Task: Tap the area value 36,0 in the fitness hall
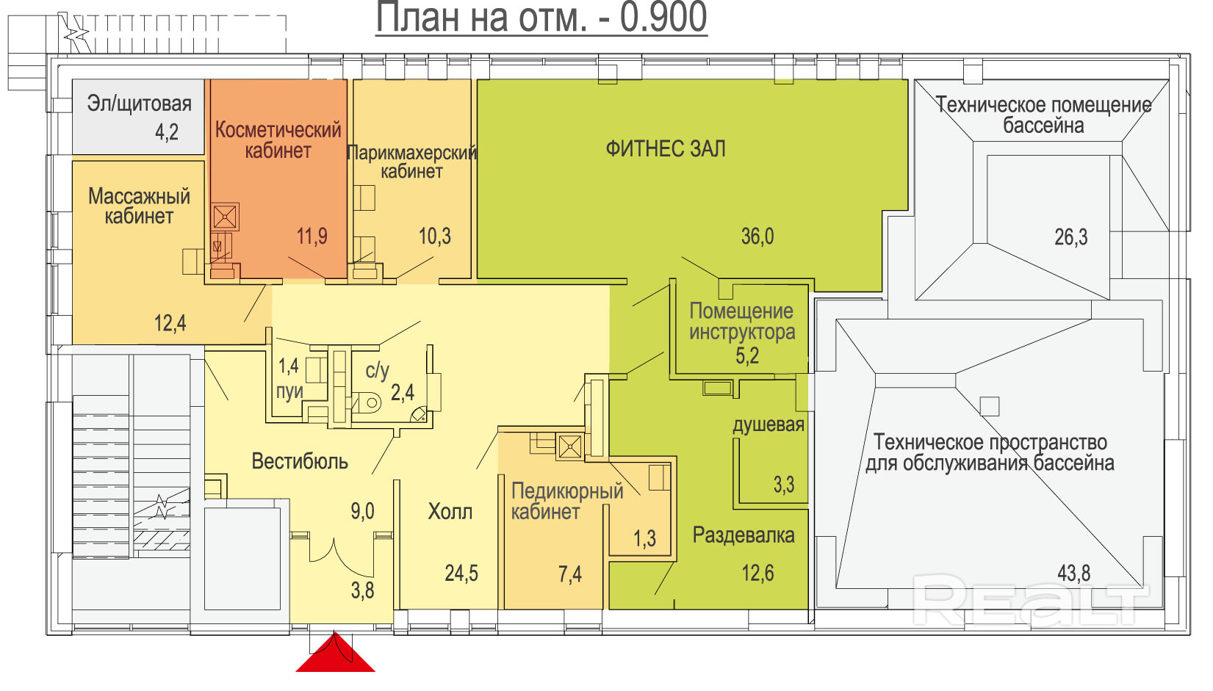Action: [757, 236]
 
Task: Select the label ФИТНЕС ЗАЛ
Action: [666, 149]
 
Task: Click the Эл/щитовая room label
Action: [139, 104]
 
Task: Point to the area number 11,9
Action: [312, 236]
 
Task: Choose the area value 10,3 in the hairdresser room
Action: [434, 236]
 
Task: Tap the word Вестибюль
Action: [300, 461]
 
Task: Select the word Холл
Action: [450, 511]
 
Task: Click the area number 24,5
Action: [461, 573]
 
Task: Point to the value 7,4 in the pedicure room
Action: [569, 574]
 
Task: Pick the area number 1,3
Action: [644, 538]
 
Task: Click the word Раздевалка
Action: [744, 535]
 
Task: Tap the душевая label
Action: [769, 425]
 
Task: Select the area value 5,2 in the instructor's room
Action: [746, 355]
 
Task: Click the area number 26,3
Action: [1070, 237]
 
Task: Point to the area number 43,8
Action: [1074, 573]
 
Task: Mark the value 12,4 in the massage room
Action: [170, 323]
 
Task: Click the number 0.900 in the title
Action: [663, 18]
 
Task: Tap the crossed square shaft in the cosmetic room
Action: [224, 217]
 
